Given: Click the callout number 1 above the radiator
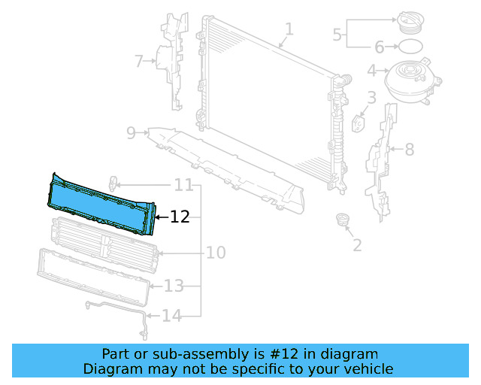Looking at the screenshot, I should pyautogui.click(x=289, y=29).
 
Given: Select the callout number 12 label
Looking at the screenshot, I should pyautogui.click(x=180, y=217).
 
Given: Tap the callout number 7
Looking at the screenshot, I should pyautogui.click(x=138, y=61).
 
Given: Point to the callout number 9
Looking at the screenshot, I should pyautogui.click(x=131, y=133).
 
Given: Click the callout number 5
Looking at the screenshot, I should pyautogui.click(x=337, y=34).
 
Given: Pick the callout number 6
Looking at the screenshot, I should pyautogui.click(x=380, y=47).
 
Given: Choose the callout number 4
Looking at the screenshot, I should pyautogui.click(x=371, y=71).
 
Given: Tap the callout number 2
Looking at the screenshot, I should pyautogui.click(x=357, y=244).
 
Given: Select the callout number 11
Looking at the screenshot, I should pyautogui.click(x=183, y=185).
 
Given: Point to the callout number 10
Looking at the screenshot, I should pyautogui.click(x=216, y=253).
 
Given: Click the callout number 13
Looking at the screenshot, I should pyautogui.click(x=174, y=286).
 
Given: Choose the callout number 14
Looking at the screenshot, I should pyautogui.click(x=172, y=316).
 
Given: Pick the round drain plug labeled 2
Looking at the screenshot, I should pyautogui.click(x=343, y=220).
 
